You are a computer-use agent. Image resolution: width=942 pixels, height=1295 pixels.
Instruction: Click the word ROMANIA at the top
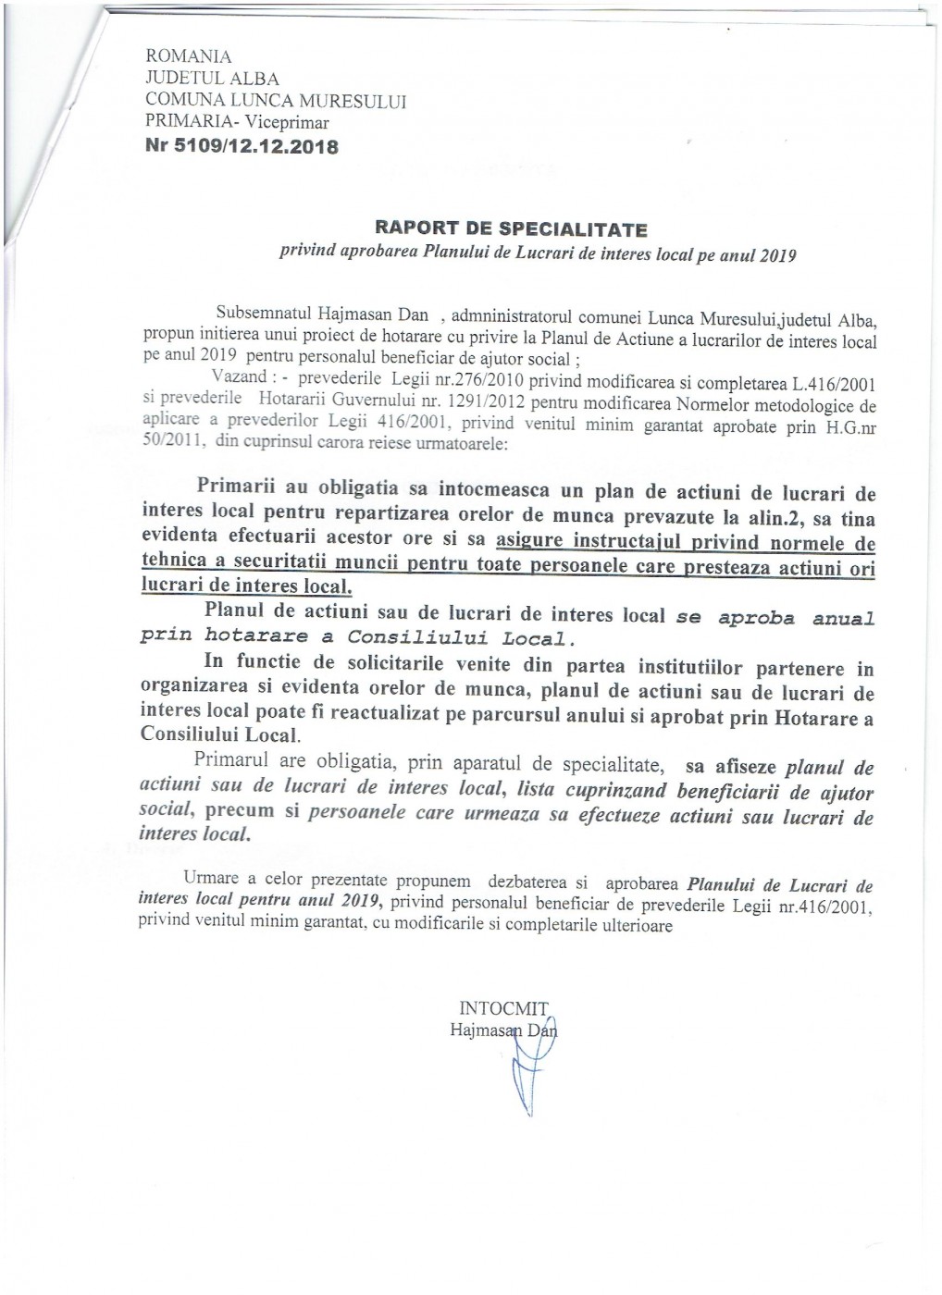pyautogui.click(x=189, y=57)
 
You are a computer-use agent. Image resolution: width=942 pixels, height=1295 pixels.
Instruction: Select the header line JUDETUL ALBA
pyautogui.click(x=212, y=79)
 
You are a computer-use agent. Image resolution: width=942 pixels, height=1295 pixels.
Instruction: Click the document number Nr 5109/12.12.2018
pyautogui.click(x=242, y=146)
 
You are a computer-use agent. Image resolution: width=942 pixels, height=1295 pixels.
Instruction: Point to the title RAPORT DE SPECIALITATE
pyautogui.click(x=511, y=228)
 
